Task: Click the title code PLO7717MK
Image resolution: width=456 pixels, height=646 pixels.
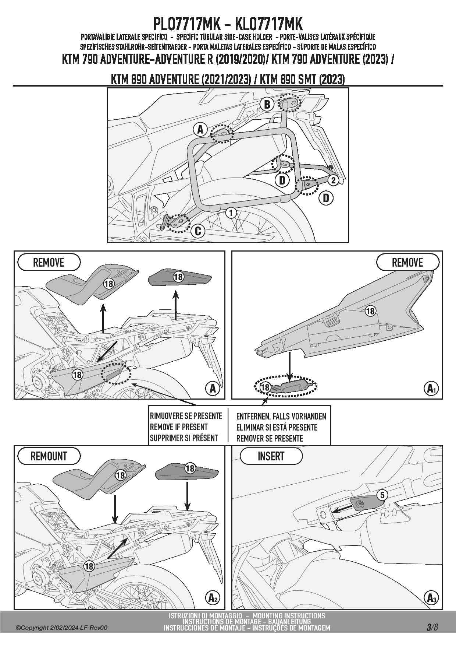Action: click(x=186, y=24)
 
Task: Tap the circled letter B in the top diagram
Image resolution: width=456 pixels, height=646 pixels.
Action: click(x=267, y=104)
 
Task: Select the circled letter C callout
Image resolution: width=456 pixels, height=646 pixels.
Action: click(x=198, y=231)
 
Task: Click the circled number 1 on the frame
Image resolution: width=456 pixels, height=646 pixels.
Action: click(x=231, y=213)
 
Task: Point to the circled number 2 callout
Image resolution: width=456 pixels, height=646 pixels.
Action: click(x=333, y=180)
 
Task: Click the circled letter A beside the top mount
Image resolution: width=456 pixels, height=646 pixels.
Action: click(x=200, y=129)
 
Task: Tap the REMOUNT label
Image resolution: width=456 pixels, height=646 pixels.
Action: click(x=49, y=456)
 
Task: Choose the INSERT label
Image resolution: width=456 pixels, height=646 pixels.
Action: click(x=271, y=456)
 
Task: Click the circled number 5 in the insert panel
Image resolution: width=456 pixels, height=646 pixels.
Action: click(x=382, y=495)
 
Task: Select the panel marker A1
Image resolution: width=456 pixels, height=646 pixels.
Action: click(x=431, y=388)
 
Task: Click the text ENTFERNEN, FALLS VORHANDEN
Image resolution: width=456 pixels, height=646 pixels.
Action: click(x=281, y=417)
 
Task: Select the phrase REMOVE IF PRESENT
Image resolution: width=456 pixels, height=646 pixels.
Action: click(x=179, y=427)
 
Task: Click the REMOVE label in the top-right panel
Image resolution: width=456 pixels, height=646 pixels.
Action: click(x=407, y=263)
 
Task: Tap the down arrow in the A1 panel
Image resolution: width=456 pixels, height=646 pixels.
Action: click(x=290, y=366)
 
